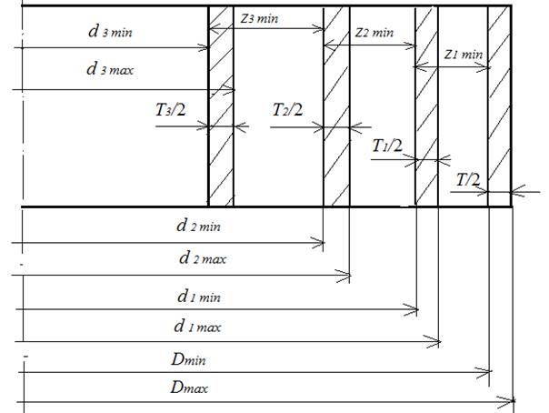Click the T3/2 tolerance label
coord(173,112)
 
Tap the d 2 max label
coord(203,258)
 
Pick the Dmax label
coord(186,388)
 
